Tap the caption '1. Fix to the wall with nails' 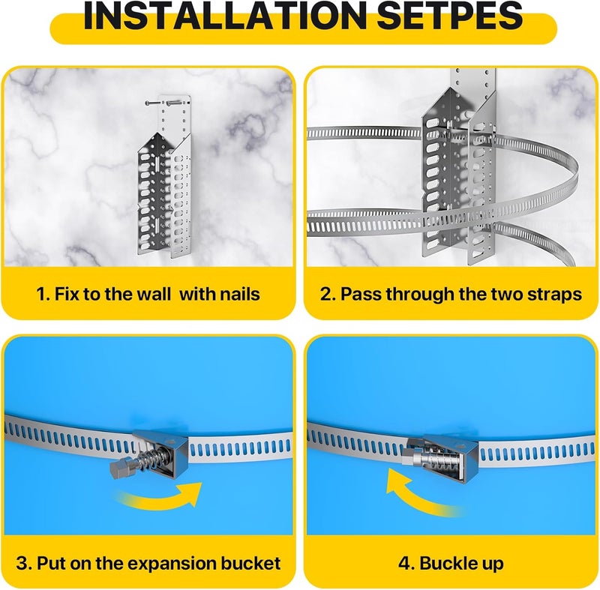pyautogui.click(x=148, y=294)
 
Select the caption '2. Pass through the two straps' pyautogui.click(x=451, y=294)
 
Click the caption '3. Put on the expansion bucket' pyautogui.click(x=148, y=563)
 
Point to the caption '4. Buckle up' pyautogui.click(x=451, y=563)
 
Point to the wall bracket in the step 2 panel pyautogui.click(x=450, y=172)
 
